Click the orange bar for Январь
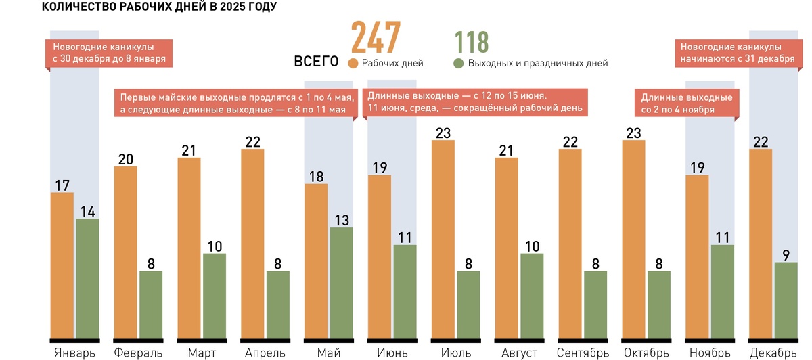(62, 265)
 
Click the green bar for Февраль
(151, 304)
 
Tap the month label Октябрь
(646, 353)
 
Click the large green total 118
(472, 42)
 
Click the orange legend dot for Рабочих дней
(353, 63)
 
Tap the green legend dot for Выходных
(458, 63)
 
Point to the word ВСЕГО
(316, 62)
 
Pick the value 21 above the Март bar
(189, 150)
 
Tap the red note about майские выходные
(234, 103)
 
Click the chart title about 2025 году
(159, 7)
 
